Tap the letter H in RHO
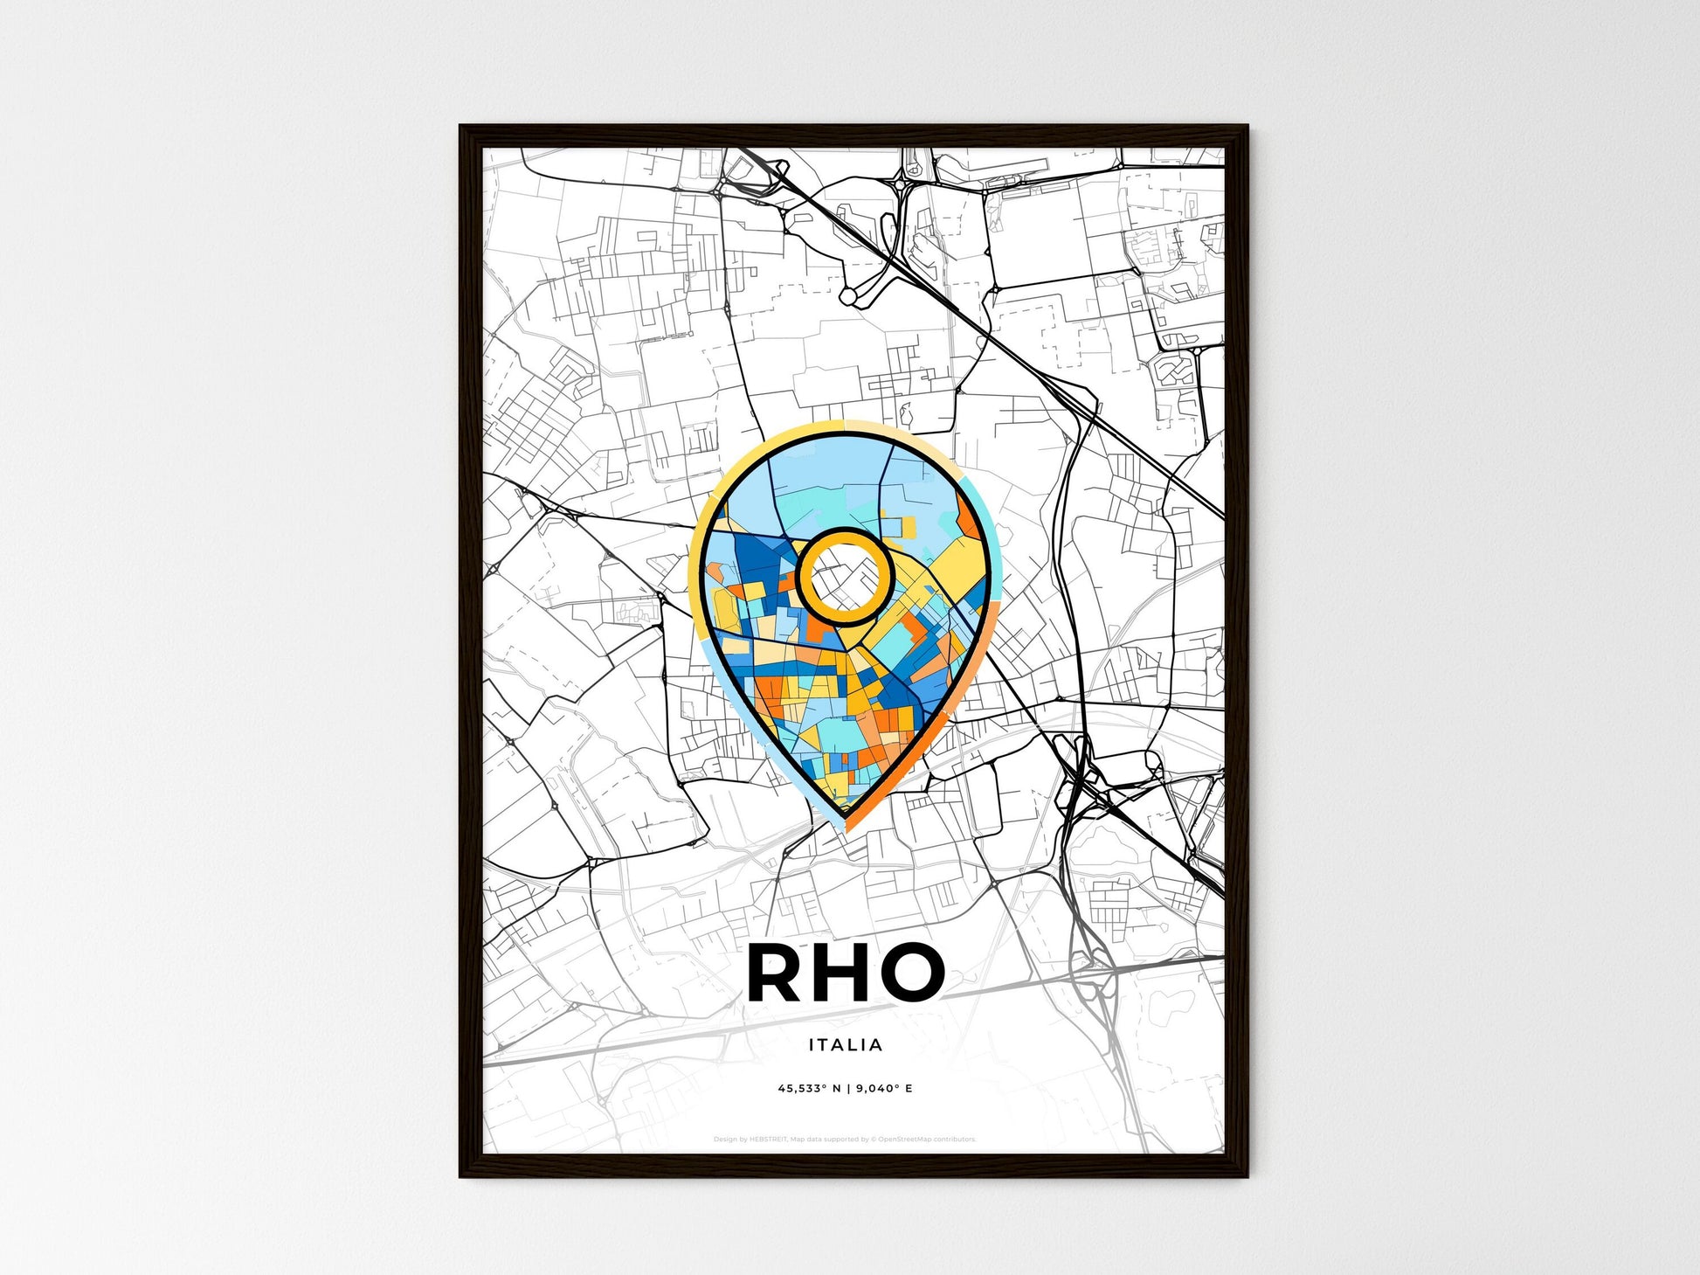843,973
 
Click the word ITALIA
845,1044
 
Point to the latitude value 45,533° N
809,1089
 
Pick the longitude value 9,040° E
884,1089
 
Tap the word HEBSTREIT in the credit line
769,1140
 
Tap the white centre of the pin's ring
844,577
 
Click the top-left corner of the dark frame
462,128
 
